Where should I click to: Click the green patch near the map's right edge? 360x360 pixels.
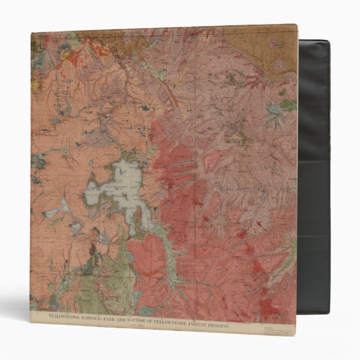click(288, 104)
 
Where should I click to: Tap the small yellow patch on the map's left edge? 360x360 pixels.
click(34, 85)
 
